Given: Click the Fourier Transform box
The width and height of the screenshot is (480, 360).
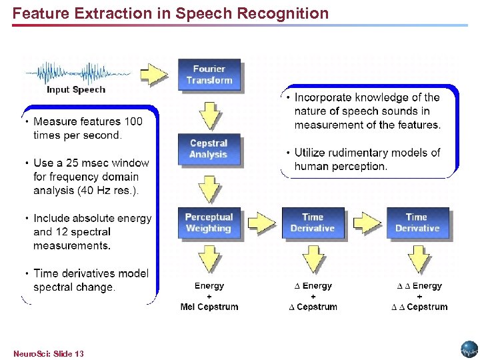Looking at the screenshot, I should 209,75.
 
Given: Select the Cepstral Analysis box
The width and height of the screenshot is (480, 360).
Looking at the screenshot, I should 209,149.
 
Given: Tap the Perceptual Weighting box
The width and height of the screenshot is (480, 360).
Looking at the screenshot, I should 209,223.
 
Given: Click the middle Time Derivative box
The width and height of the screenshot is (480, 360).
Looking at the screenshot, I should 313,223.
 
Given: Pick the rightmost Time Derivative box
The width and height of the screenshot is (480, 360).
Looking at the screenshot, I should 417,223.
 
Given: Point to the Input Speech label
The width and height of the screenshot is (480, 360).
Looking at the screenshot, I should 75,90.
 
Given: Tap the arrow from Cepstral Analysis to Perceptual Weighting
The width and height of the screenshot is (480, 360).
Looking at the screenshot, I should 209,189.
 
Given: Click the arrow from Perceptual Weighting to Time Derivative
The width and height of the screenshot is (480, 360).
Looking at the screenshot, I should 261,221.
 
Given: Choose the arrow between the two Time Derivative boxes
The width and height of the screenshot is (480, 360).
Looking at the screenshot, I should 365,221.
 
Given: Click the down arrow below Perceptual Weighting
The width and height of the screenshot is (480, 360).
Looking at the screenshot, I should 209,259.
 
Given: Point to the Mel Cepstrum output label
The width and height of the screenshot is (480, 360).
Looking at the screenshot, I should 209,307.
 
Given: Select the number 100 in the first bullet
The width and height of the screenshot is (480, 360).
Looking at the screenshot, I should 133,121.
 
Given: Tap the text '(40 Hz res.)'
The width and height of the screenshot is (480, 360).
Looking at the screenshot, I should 107,191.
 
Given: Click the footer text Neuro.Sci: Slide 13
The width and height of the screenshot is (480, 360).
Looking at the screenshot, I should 49,353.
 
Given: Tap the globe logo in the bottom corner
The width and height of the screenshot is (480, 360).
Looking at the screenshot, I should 469,349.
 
